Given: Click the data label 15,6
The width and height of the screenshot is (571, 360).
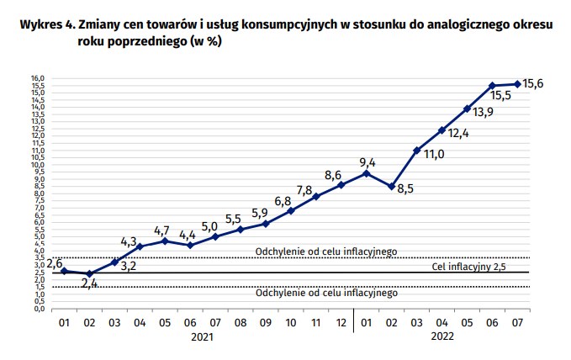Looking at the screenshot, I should (x=533, y=83).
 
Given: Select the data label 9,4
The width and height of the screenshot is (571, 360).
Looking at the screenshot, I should (x=367, y=162).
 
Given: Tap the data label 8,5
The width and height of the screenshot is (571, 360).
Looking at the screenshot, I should (x=405, y=190).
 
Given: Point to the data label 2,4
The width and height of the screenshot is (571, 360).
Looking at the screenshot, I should (x=90, y=283).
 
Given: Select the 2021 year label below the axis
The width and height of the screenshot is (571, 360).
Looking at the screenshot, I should (x=202, y=336).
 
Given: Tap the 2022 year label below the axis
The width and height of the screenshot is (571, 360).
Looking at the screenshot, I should (x=441, y=336).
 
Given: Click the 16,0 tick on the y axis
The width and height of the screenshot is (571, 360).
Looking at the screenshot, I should (x=38, y=78).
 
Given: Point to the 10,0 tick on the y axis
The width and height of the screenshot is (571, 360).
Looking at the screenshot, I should (x=38, y=165).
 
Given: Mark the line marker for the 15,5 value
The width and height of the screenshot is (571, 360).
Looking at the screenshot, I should (x=492, y=86).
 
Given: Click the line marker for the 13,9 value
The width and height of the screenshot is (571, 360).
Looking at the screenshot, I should (x=467, y=109).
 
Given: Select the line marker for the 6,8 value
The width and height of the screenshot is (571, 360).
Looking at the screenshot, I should (x=291, y=210).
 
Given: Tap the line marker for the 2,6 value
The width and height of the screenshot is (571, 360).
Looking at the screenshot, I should (x=64, y=271).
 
